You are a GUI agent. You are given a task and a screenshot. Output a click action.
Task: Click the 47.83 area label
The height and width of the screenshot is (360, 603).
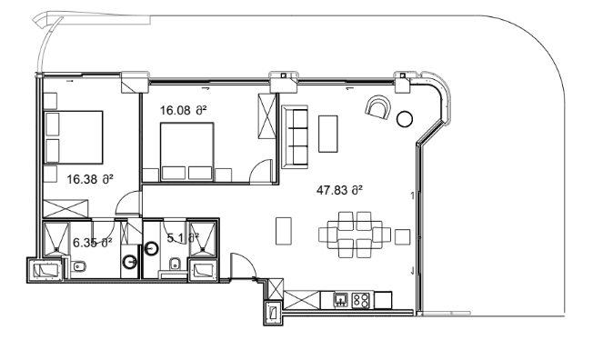click(x=339, y=190)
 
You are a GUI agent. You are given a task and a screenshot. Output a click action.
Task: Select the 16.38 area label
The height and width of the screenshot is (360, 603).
click(x=90, y=179)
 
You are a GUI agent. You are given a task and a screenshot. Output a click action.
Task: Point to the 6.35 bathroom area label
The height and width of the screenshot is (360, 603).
click(x=92, y=242)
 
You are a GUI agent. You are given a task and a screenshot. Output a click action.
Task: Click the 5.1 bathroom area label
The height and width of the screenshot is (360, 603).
click(x=182, y=237)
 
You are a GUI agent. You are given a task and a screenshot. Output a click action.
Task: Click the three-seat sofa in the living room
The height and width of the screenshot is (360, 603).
click(x=295, y=136)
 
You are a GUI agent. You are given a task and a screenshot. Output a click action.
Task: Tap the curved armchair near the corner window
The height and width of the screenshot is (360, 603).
click(x=377, y=109)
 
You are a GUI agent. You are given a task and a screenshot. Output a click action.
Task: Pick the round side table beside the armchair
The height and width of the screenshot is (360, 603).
click(x=405, y=116)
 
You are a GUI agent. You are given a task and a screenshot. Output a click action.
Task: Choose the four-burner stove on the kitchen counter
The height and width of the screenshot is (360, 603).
click(x=360, y=298)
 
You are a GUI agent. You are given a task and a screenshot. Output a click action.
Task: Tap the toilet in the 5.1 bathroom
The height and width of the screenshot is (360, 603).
click(x=173, y=265)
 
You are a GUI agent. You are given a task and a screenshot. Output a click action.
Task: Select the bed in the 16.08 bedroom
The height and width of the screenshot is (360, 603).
click(x=187, y=151)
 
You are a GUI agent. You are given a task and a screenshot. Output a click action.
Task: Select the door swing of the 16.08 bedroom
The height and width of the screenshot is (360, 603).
click(x=262, y=171)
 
